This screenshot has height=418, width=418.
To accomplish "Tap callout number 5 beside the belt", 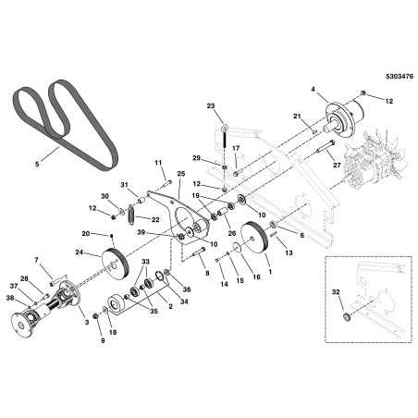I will point(37,164).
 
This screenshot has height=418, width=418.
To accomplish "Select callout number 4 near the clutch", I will point(313,90).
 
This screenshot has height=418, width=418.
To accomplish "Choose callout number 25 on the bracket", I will point(180,174).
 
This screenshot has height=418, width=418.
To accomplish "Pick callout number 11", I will point(158,162).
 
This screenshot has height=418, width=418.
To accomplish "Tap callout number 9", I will point(103,340).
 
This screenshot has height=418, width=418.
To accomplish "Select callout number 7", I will point(38,261).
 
